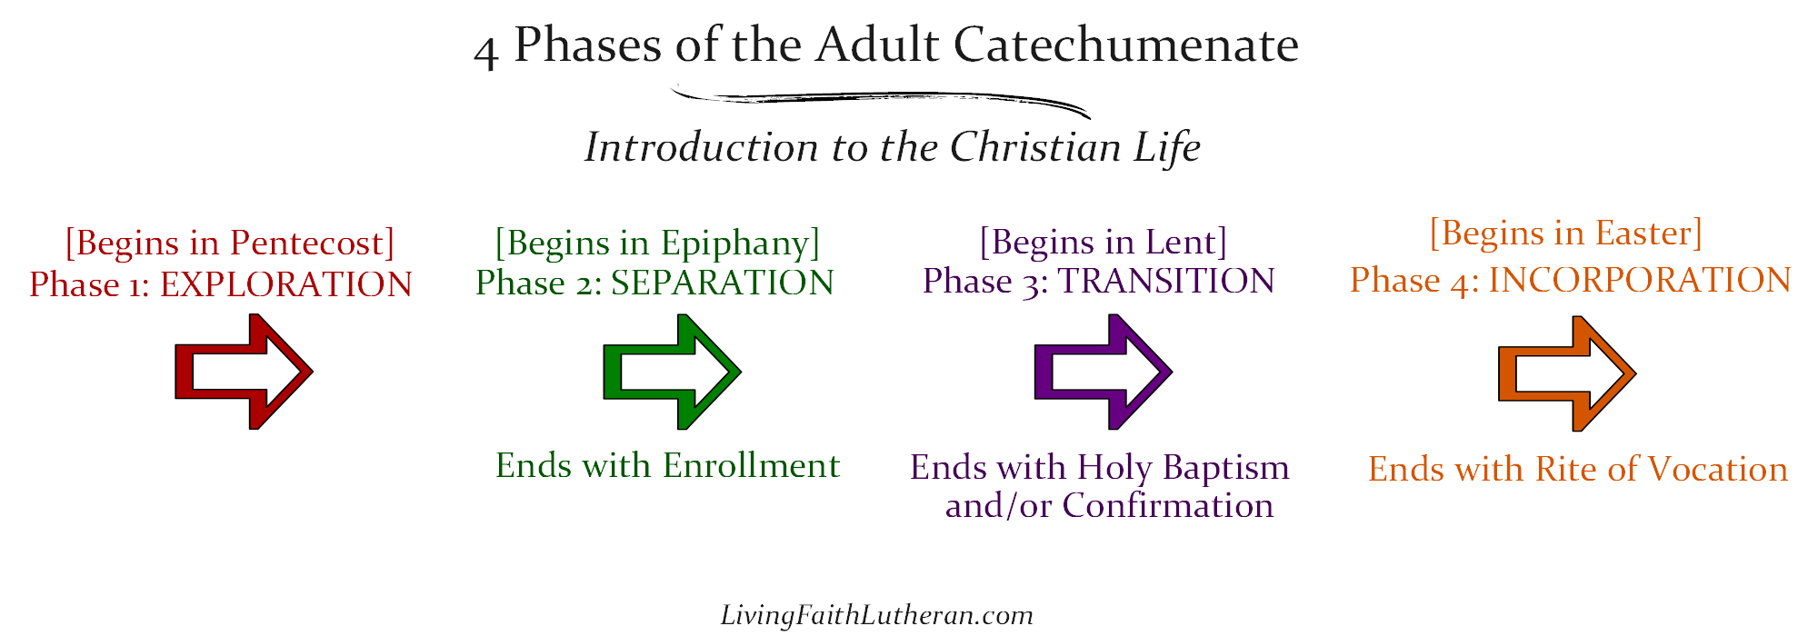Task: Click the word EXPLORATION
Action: coord(286,285)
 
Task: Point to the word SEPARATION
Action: coord(723,283)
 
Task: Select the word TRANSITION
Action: coord(1166,282)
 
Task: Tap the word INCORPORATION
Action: coord(1640,281)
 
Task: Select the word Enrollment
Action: coord(751,466)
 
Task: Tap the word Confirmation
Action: coord(1168,506)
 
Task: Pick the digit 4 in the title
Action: coord(486,51)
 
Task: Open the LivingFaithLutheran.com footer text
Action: coord(876,616)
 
